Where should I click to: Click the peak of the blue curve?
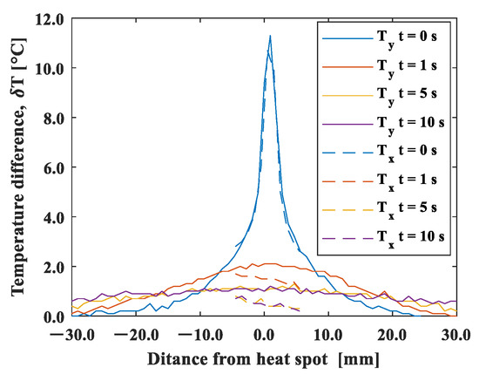271,36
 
